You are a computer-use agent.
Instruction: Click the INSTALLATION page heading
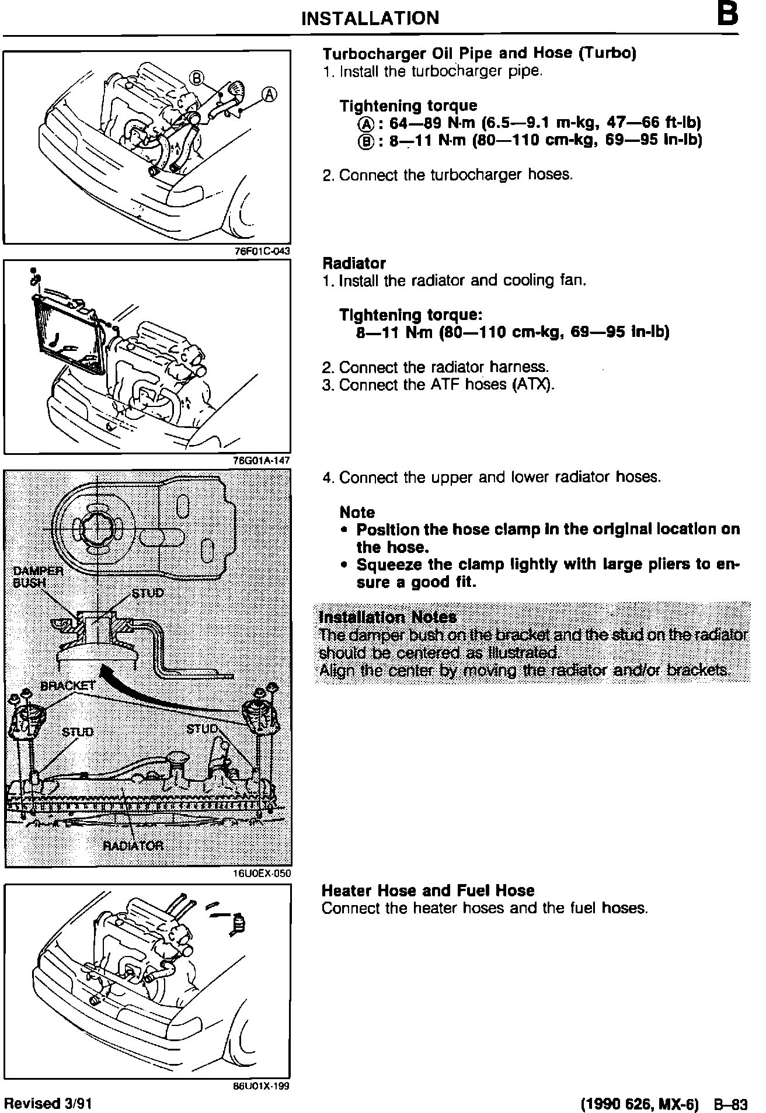pyautogui.click(x=370, y=18)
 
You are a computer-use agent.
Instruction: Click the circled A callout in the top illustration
pyautogui.click(x=269, y=95)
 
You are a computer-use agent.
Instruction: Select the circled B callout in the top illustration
pyautogui.click(x=197, y=78)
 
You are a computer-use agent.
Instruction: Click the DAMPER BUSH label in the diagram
pyautogui.click(x=38, y=576)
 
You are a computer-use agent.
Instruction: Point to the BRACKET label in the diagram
pyautogui.click(x=68, y=686)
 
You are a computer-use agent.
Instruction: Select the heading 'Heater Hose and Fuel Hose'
pyautogui.click(x=428, y=891)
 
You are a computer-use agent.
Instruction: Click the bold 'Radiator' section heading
pyautogui.click(x=354, y=263)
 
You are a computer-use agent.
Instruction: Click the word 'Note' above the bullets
pyautogui.click(x=357, y=512)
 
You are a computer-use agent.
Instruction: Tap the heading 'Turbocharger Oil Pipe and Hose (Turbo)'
pyautogui.click(x=479, y=53)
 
